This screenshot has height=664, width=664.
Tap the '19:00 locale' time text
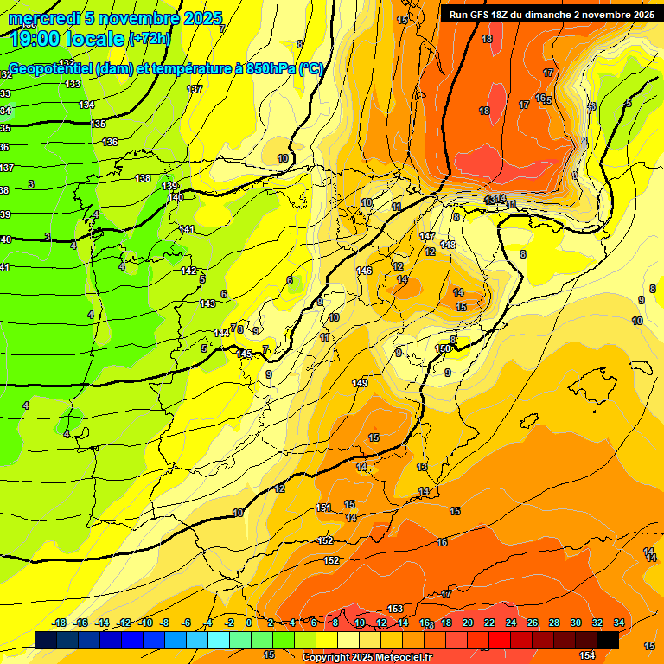tap(67, 38)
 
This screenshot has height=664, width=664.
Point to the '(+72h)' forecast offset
tap(150, 39)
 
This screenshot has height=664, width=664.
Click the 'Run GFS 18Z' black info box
tap(552, 15)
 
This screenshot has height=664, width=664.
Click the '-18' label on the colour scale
tap(60, 622)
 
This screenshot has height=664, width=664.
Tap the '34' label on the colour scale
tap(619, 622)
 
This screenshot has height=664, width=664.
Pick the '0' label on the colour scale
tap(249, 622)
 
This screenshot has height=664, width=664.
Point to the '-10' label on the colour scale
tap(145, 622)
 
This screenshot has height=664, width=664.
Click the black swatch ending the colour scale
tap(608, 640)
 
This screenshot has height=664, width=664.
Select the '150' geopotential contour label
tap(443, 348)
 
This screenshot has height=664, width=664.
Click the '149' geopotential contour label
tap(360, 383)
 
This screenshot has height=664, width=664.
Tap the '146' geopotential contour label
tap(364, 271)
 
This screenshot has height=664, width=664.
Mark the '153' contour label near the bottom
tap(395, 609)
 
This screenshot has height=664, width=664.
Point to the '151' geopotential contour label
tap(323, 508)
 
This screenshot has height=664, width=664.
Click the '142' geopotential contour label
tap(188, 271)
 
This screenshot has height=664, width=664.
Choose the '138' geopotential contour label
tap(143, 178)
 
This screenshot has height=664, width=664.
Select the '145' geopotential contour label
tap(245, 354)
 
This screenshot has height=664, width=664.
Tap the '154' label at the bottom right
tap(587, 655)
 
